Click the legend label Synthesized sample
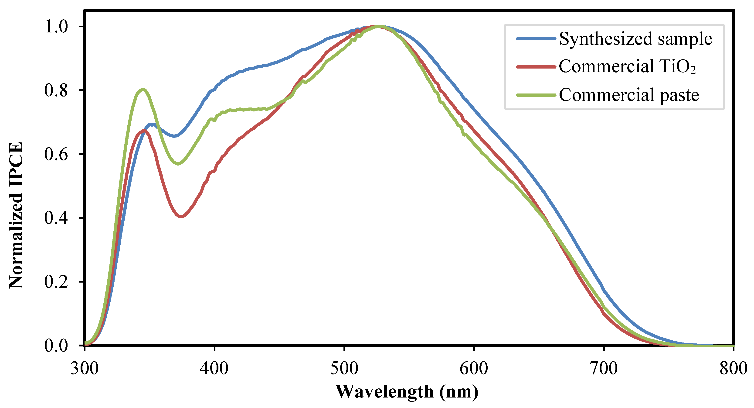click(635, 39)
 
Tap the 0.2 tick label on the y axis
click(56, 282)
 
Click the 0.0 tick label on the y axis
click(56, 345)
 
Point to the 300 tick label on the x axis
click(85, 368)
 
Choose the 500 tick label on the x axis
click(344, 368)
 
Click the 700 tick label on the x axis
click(604, 368)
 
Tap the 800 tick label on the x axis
click(733, 368)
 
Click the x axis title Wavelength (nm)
click(407, 392)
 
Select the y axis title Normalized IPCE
click(16, 215)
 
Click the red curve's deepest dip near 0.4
click(181, 217)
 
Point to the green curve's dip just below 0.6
click(178, 164)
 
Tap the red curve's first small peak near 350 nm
click(144, 130)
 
